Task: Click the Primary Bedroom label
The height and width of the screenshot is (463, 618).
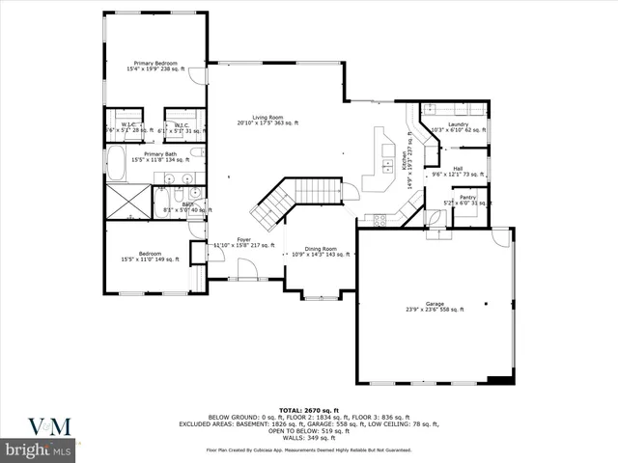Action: click(x=156, y=67)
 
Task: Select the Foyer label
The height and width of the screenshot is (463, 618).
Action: click(x=244, y=242)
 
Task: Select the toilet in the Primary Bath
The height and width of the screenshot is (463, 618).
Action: click(x=196, y=152)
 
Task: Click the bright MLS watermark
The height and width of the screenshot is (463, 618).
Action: click(x=38, y=449)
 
